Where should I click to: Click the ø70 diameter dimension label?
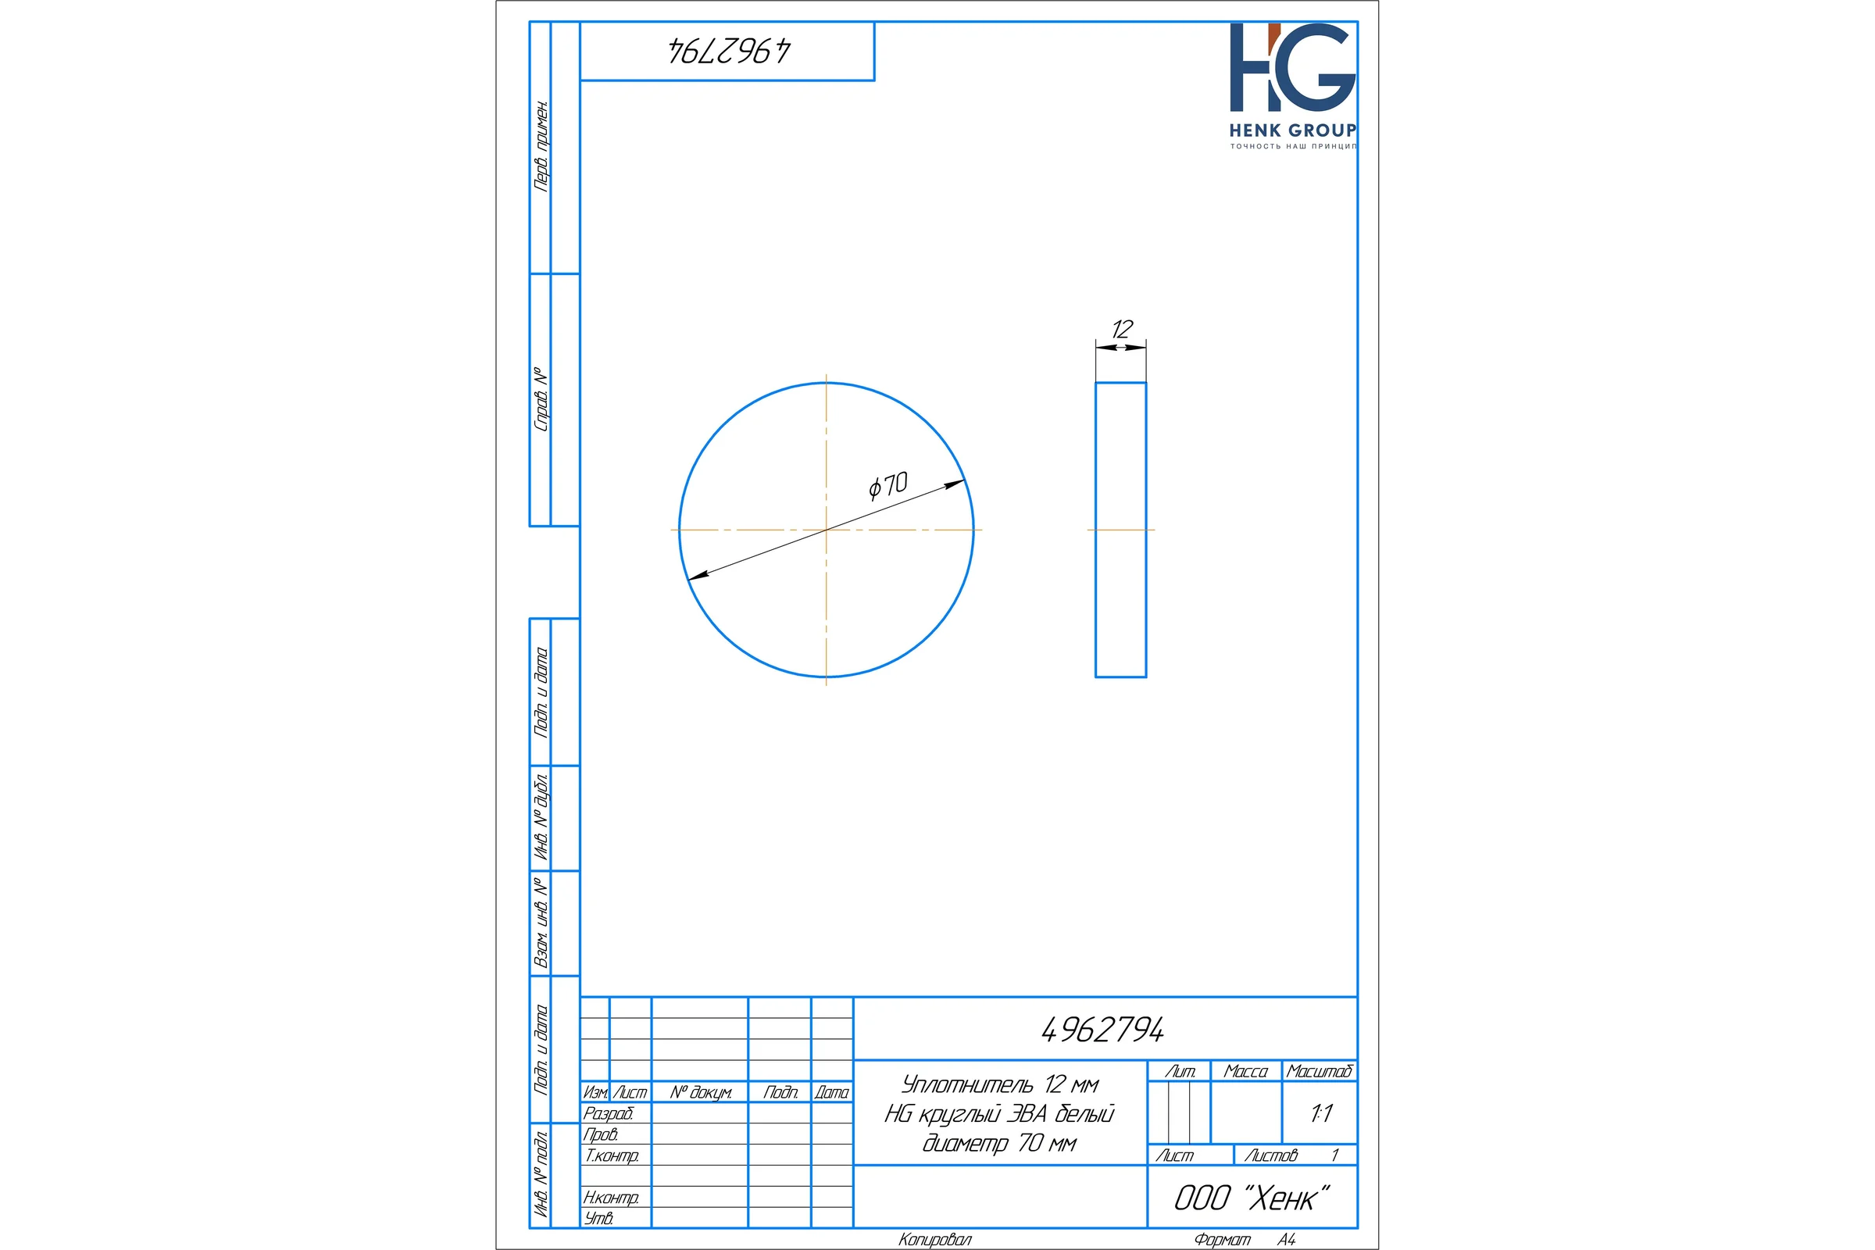coord(888,484)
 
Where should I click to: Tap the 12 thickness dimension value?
coord(1122,329)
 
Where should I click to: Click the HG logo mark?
coord(1292,67)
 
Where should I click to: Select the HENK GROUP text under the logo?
coord(1292,130)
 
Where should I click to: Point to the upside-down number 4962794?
coord(729,51)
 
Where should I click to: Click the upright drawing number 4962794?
coord(1102,1030)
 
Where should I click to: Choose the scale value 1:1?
coord(1321,1114)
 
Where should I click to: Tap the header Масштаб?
coord(1320,1071)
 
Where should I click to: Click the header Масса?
coord(1245,1071)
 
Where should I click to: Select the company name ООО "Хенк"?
coord(1252,1198)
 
